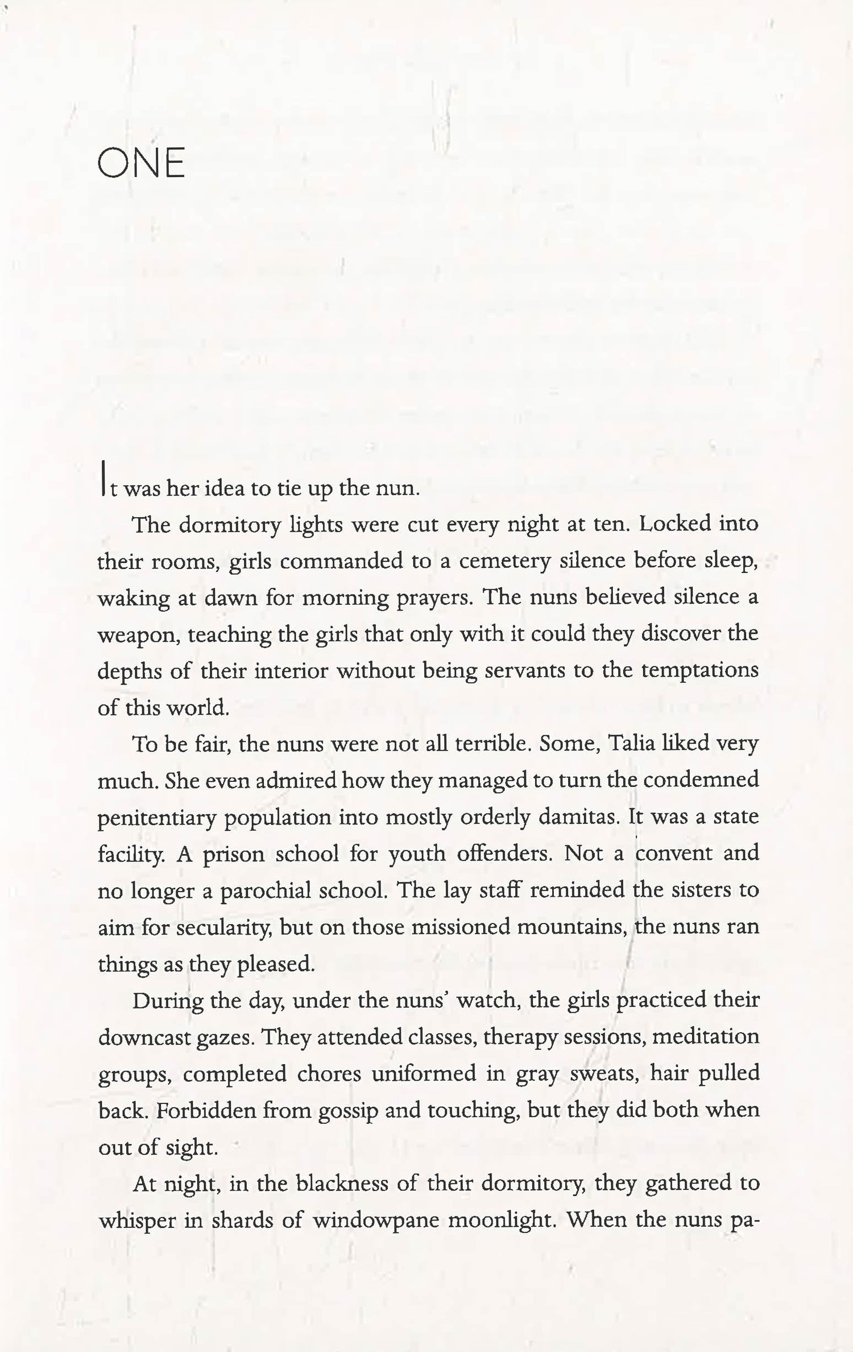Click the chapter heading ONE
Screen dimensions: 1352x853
[141, 163]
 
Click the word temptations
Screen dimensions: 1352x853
[699, 671]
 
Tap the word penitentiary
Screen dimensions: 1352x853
[158, 818]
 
